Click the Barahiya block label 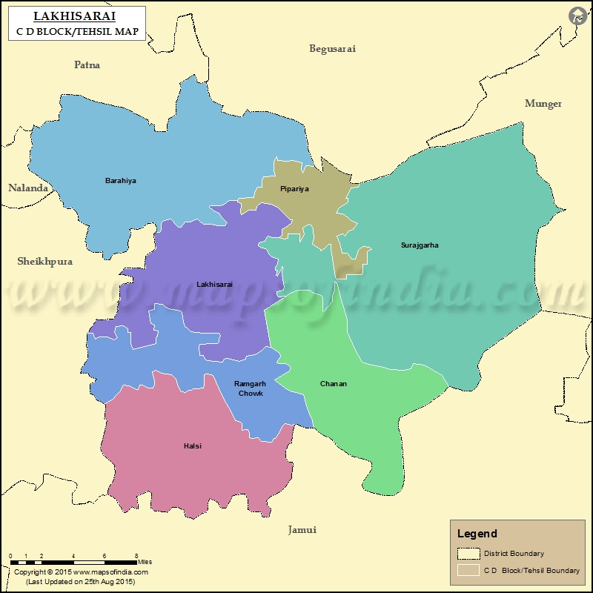click(120, 181)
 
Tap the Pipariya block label click(294, 189)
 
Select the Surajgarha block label click(420, 245)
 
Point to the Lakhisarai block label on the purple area click(214, 284)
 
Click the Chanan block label click(333, 384)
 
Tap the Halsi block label click(192, 446)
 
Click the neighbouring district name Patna click(87, 65)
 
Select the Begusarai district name click(332, 49)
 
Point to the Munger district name click(543, 104)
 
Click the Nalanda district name click(28, 188)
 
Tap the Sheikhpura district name click(44, 262)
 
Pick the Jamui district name click(302, 530)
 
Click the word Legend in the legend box click(477, 534)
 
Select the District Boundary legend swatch click(468, 554)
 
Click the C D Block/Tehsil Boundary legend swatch click(468, 571)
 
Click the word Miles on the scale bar click(145, 562)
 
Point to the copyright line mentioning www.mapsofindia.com click(81, 572)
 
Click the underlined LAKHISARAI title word click(74, 16)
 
